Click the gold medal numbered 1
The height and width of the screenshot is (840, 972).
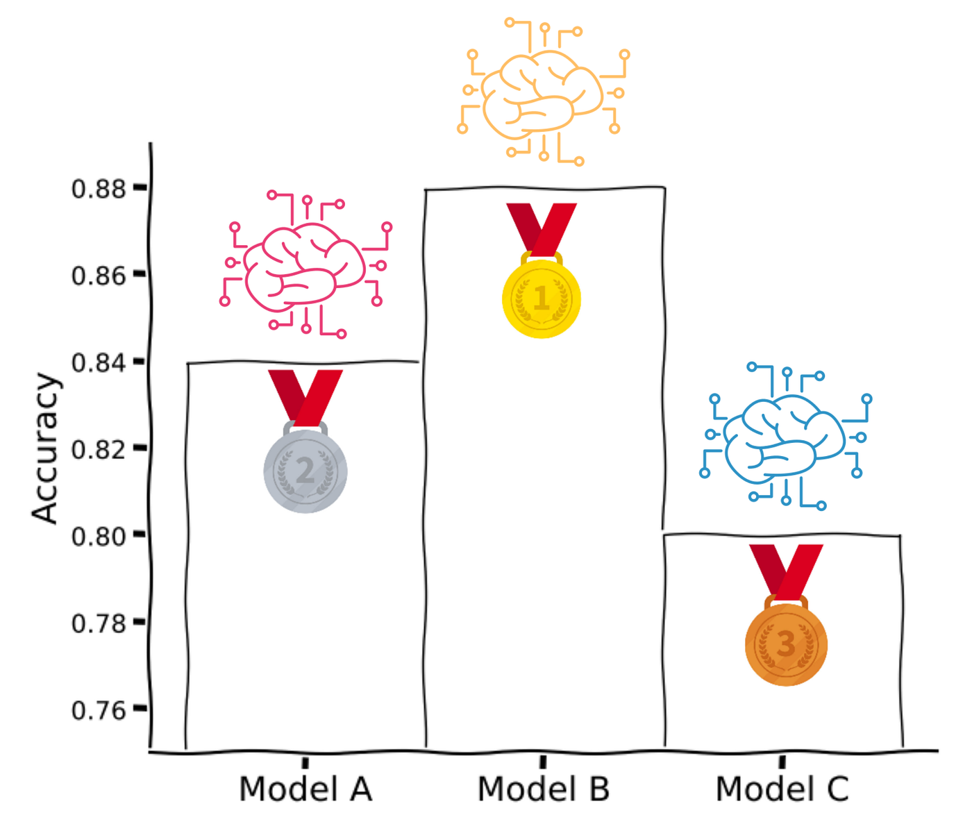pyautogui.click(x=541, y=299)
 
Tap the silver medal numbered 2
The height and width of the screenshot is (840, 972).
pyautogui.click(x=305, y=471)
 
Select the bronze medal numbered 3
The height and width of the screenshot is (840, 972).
pyautogui.click(x=786, y=644)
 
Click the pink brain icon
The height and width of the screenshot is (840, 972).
pyautogui.click(x=305, y=265)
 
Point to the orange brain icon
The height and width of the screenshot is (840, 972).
pyautogui.click(x=543, y=92)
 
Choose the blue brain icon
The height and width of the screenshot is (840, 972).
pyautogui.click(x=786, y=437)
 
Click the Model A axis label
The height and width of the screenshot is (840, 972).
pyautogui.click(x=305, y=789)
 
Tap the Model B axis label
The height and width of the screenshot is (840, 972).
pyautogui.click(x=543, y=789)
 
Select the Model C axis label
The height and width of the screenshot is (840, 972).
pyautogui.click(x=782, y=789)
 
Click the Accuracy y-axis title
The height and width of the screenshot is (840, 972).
pyautogui.click(x=45, y=448)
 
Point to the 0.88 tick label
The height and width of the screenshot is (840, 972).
pyautogui.click(x=99, y=189)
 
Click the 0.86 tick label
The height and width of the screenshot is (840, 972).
pyautogui.click(x=99, y=276)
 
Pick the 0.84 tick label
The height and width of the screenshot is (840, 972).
pyautogui.click(x=99, y=362)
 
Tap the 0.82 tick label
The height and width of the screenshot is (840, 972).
pyautogui.click(x=99, y=449)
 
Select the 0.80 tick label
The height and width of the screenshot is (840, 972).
pyautogui.click(x=99, y=536)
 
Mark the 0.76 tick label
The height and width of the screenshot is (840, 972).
pyautogui.click(x=99, y=710)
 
